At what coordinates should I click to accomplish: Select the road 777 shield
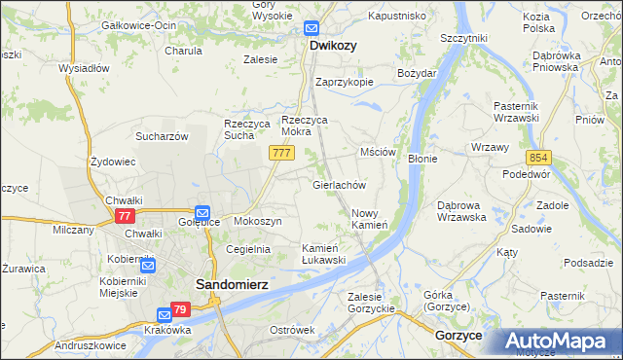282,154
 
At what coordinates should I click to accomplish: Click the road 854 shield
539,158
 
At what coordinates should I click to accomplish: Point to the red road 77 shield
125,216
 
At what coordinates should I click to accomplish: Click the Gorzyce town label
459,334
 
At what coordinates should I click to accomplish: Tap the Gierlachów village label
339,184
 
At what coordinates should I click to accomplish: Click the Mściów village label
378,153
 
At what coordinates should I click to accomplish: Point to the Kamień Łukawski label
324,254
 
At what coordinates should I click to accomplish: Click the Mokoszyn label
257,222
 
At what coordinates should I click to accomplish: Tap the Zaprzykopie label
344,82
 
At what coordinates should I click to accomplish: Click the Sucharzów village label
162,136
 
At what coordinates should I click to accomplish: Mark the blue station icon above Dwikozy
311,29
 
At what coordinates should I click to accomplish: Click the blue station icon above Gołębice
202,211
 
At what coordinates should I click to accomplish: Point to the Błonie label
421,158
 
